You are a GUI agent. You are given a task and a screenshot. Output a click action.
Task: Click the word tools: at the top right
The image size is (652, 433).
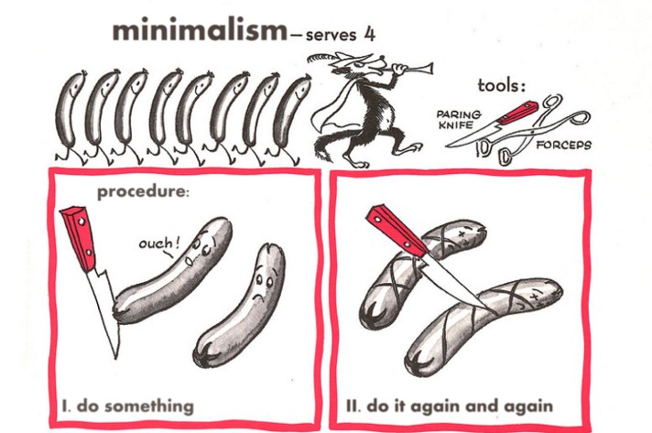503,86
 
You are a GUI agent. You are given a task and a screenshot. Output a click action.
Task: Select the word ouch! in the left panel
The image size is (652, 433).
159,244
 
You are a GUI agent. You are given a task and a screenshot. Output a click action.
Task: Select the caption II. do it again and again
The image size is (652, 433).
450,405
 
